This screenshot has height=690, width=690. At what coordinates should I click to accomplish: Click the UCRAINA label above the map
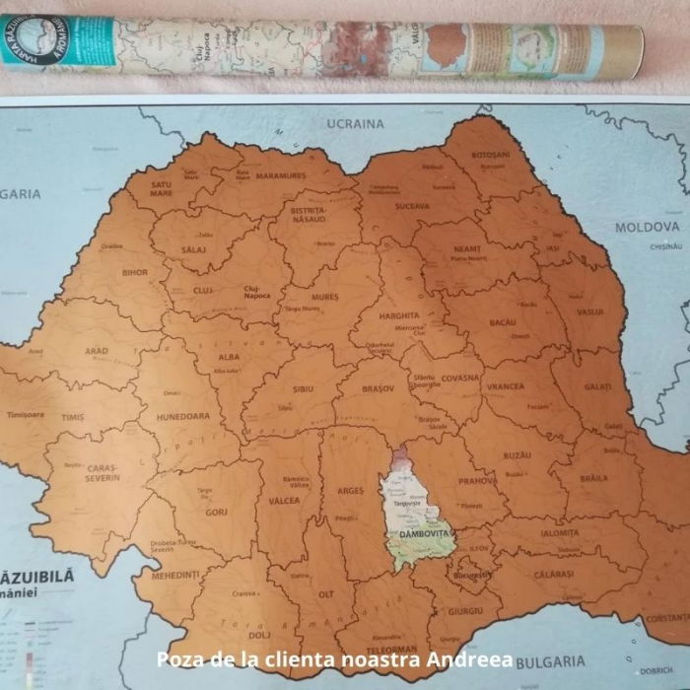click(354, 124)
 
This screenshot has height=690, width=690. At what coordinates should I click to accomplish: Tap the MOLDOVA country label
click(648, 227)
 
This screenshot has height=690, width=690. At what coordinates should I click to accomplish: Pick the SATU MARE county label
click(162, 188)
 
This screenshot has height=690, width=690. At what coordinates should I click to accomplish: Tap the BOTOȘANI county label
click(490, 155)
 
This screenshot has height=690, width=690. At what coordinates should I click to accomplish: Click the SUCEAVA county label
click(412, 206)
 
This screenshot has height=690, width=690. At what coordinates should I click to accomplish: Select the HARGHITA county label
click(399, 315)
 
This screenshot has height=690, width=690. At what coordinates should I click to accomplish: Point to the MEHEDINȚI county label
click(175, 574)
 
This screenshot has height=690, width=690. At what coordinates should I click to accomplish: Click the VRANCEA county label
click(505, 386)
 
